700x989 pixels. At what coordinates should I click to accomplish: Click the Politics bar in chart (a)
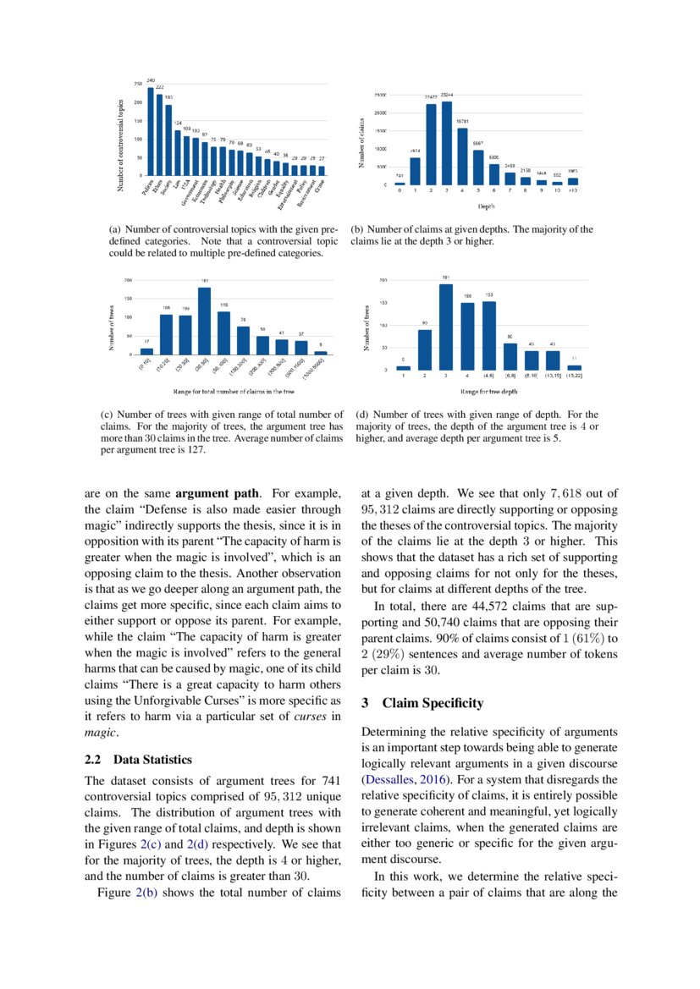point(151,131)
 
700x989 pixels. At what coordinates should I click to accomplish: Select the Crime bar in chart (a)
point(322,170)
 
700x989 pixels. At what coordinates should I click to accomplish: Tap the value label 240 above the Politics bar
point(151,80)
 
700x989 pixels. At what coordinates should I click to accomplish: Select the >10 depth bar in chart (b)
point(573,181)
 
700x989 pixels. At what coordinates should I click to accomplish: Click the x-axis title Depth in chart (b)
point(486,206)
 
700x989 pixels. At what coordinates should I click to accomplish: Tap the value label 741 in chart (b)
point(400,175)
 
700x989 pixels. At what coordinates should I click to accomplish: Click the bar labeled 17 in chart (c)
point(147,350)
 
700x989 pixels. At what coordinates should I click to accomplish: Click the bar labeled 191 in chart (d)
point(446,327)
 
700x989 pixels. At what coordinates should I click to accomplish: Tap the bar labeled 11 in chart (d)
point(575,367)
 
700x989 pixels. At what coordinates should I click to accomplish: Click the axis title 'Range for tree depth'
point(488,392)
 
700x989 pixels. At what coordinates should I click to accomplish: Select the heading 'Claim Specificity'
point(433,703)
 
